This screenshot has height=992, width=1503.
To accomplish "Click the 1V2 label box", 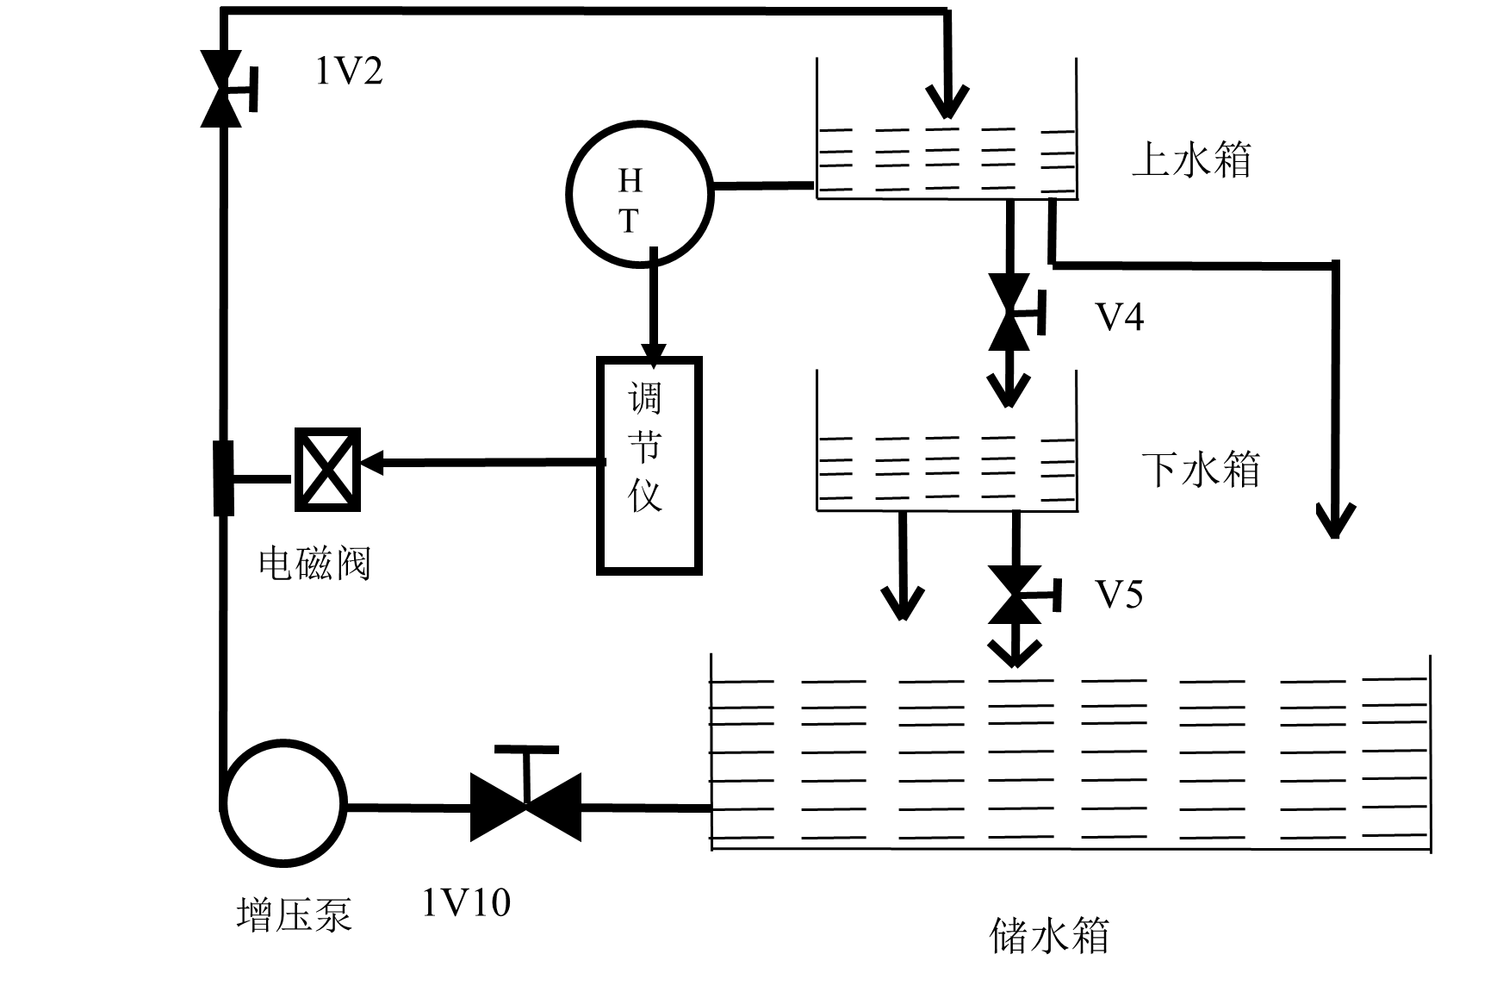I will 390,77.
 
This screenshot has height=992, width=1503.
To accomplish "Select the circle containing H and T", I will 640,195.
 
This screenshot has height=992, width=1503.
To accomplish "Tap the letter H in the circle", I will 630,181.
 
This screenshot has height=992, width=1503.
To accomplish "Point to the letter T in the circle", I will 630,221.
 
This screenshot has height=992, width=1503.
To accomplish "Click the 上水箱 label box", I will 1226,164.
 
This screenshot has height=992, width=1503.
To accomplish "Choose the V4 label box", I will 1189,323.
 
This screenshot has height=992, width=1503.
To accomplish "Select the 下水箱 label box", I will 1212,473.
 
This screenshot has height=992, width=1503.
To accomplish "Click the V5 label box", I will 1189,601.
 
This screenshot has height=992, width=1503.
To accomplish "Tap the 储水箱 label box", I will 1136,939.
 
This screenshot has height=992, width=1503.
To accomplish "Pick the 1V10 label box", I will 532,908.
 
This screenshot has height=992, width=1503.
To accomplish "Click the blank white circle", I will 283,803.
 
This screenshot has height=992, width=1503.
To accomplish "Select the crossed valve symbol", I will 327,470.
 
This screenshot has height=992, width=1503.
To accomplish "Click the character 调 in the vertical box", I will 645,398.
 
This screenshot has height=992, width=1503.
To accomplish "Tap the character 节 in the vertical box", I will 645,446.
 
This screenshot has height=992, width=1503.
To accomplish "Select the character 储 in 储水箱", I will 1009,936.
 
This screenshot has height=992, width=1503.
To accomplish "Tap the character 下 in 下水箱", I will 1159,470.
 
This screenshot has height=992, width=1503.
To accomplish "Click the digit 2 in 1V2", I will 371,71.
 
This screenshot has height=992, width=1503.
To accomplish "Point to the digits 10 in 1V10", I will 489,903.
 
